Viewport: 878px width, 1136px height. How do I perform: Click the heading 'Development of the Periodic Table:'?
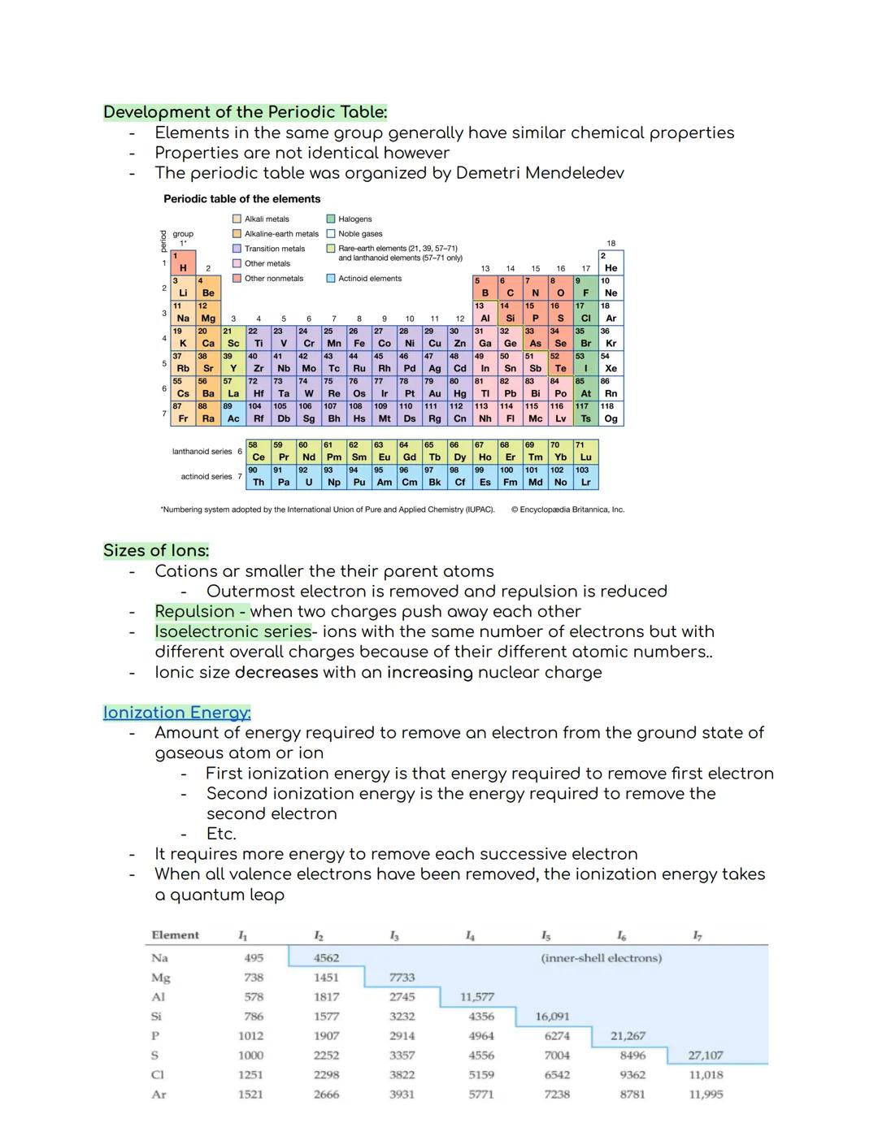245,112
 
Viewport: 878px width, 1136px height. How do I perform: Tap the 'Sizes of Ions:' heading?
156,550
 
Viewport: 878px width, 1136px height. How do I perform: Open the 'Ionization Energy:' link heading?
176,713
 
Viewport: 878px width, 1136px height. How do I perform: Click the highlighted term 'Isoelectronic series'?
233,631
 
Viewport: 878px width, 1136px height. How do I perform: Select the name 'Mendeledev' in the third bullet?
574,173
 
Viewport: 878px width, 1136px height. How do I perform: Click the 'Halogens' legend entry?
354,219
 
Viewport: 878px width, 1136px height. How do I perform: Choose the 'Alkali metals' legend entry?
266,219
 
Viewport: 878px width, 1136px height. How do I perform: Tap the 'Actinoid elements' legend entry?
369,279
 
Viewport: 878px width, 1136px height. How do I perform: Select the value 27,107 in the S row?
705,1056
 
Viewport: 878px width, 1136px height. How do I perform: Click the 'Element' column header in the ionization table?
175,935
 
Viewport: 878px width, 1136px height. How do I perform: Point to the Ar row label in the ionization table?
159,1095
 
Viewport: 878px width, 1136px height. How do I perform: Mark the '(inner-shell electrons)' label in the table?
601,958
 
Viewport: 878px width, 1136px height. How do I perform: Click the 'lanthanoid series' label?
202,452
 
